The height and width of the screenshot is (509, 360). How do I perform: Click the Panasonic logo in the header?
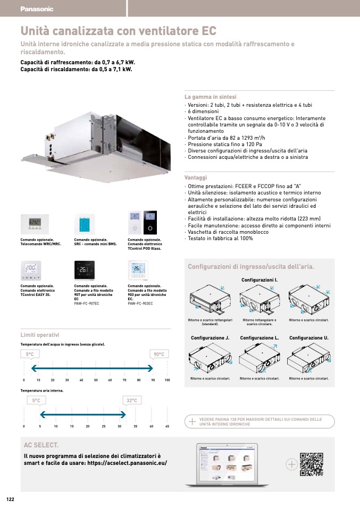coord(37,9)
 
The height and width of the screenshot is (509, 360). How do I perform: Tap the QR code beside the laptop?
coord(312,464)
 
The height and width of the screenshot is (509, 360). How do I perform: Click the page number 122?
coord(10,499)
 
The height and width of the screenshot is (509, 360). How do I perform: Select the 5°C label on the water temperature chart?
coord(30,354)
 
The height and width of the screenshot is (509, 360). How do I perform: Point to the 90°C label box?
coord(159,354)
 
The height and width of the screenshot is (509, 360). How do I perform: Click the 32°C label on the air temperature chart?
coord(132,400)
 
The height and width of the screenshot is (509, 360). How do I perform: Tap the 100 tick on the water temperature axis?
coord(167,380)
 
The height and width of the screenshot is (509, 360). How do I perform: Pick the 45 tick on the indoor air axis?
coord(167,427)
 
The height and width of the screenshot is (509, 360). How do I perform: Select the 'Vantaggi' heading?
coord(195,177)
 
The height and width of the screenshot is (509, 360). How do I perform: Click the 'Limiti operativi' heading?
coord(40,335)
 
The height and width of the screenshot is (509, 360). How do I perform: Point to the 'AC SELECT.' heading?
coord(41,444)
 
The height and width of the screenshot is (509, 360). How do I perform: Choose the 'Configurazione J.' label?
coord(210,338)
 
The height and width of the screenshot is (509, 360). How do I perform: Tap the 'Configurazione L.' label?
coord(259,338)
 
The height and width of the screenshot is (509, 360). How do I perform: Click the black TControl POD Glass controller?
coord(151,223)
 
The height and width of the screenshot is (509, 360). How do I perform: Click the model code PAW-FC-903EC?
coord(140,303)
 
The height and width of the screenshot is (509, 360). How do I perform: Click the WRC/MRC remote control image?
coord(35,224)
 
